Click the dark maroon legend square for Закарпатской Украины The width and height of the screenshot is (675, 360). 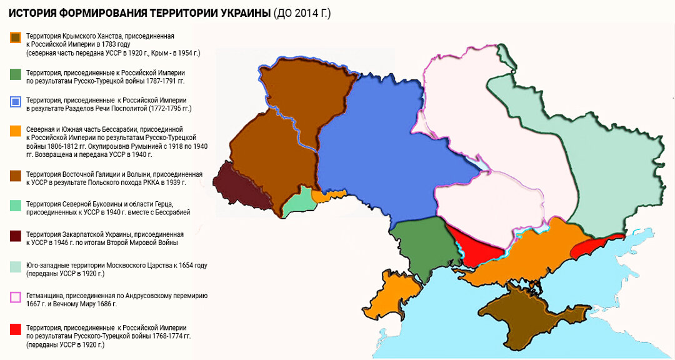click(x=16, y=235)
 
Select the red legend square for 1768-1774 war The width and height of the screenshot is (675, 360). click(x=16, y=328)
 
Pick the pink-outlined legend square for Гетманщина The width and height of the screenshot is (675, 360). click(x=16, y=297)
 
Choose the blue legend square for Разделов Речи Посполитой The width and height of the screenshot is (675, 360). click(x=16, y=101)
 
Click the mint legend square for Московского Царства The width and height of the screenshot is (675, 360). click(x=16, y=266)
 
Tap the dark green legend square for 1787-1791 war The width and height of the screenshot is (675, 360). click(x=16, y=74)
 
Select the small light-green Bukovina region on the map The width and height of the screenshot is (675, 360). click(x=296, y=201)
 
